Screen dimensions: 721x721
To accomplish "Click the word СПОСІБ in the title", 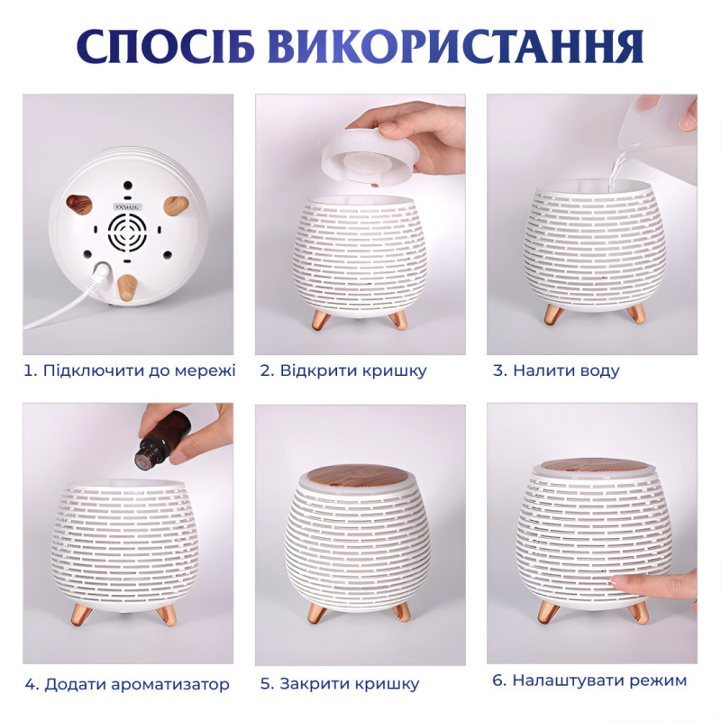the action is point(165,47).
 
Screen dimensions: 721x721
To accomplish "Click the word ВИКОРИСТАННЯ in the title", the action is point(454,47).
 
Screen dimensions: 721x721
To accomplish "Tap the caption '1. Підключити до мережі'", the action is point(129,370).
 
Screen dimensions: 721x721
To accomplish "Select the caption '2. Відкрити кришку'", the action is point(344,370).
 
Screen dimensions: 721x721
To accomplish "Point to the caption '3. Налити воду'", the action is point(556,370).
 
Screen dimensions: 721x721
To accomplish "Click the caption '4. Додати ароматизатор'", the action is point(127,684).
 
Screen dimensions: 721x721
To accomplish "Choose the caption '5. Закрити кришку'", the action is point(340,683).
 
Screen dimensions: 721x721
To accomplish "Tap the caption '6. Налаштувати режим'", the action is point(589,680).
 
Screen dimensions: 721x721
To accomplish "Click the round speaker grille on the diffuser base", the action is point(127,233).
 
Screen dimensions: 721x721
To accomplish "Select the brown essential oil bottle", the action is point(162,436).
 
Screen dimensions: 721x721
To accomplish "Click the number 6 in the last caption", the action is point(497,680).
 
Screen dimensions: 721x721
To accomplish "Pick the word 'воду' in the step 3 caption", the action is point(598,370).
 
